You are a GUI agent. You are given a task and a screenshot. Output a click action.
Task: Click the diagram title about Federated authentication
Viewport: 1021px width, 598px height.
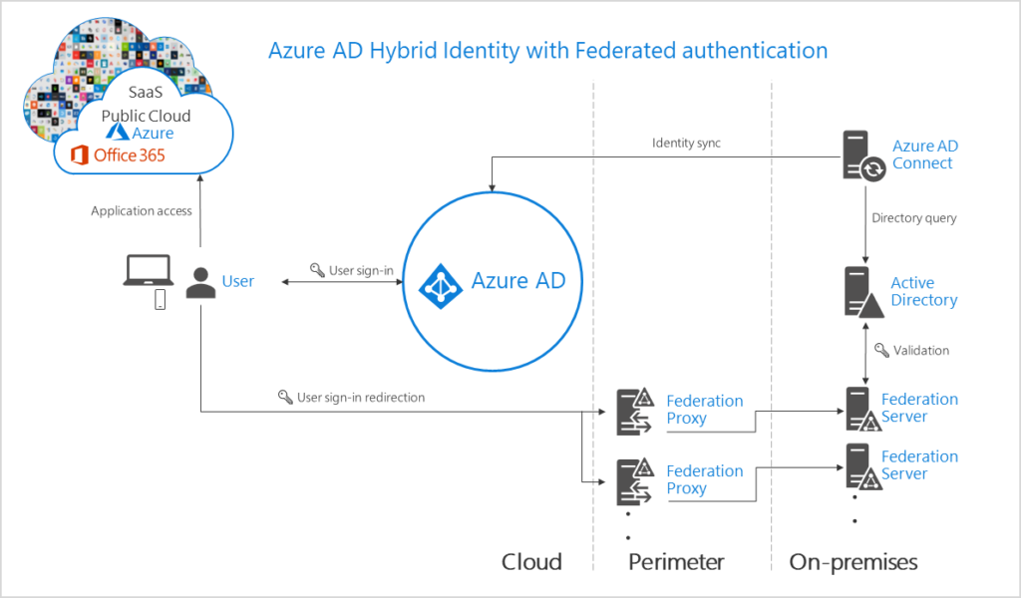click(547, 50)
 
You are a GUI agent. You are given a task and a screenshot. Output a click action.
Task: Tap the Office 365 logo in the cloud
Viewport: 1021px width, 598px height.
click(117, 155)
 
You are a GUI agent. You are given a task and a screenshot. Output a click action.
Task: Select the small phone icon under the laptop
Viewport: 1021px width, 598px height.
click(160, 299)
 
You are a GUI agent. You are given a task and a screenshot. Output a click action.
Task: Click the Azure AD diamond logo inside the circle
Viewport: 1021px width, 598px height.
click(439, 283)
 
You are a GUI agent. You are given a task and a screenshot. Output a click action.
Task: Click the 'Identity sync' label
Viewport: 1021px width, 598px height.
click(686, 143)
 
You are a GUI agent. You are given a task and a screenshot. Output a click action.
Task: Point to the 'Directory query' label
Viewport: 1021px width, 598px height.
click(913, 218)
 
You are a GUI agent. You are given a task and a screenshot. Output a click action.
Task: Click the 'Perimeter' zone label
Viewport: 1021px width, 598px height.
click(676, 562)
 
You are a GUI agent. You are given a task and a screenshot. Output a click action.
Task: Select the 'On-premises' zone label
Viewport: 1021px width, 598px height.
click(853, 562)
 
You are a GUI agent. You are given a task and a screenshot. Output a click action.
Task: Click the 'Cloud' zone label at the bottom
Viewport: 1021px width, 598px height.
click(531, 562)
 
